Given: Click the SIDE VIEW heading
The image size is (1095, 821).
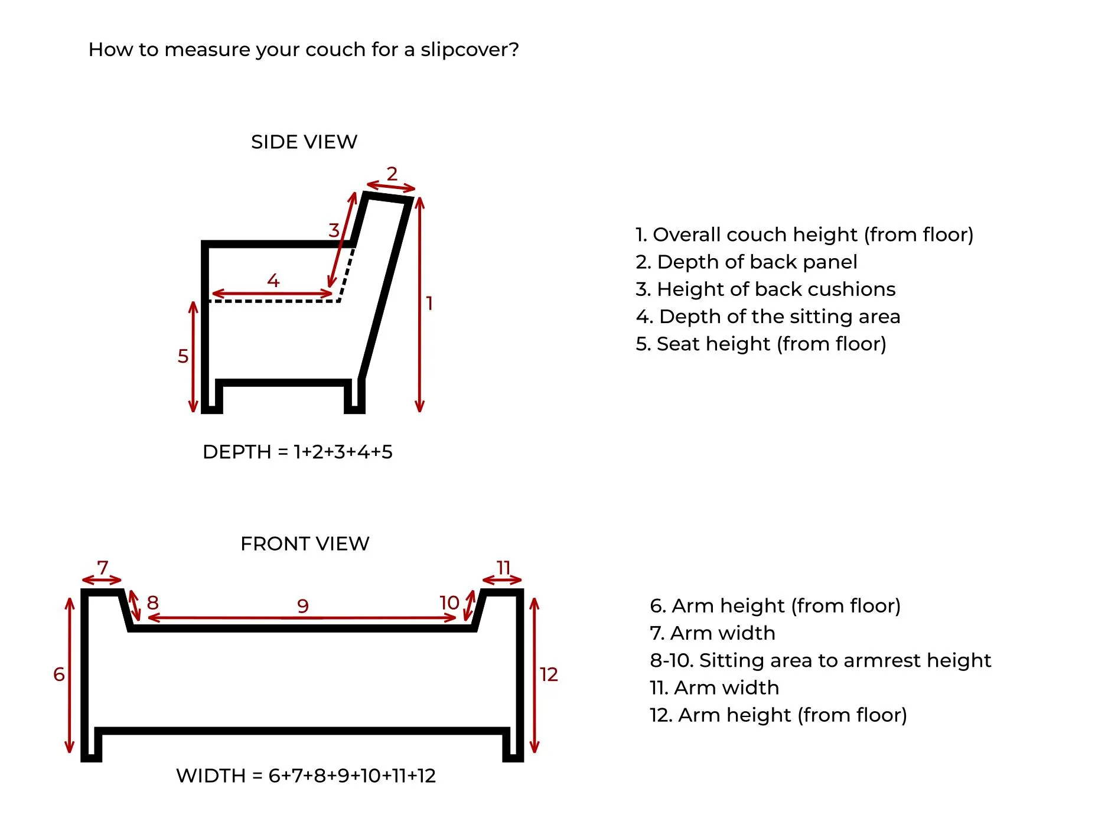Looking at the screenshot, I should [304, 142].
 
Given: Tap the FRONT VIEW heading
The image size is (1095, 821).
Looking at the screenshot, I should [305, 543].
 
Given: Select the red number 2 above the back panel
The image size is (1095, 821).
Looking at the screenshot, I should [392, 174].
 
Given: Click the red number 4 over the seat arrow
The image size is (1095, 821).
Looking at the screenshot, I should [273, 280].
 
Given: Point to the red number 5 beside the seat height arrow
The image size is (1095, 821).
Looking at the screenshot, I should [183, 356].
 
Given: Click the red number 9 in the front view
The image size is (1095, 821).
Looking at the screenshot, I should [303, 605].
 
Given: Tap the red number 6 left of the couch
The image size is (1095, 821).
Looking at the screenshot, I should [59, 674].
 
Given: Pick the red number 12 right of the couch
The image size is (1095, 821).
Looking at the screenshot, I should [549, 674].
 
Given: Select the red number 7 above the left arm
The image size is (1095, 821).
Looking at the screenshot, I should [103, 568].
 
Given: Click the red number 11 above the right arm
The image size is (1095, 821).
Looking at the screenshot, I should [503, 568].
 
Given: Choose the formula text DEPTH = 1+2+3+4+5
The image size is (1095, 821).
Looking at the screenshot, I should [297, 452].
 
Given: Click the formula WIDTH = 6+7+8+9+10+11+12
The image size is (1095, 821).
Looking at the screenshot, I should [306, 776].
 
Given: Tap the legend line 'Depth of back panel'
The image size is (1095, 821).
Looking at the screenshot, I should [746, 262].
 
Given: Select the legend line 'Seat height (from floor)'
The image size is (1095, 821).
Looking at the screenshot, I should [761, 344].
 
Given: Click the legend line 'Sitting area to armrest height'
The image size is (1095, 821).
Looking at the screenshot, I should [820, 660].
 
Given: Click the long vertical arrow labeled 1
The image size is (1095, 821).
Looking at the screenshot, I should [419, 304].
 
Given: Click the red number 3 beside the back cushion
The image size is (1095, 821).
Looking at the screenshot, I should [334, 230].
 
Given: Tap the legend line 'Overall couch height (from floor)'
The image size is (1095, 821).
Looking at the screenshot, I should [804, 234].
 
